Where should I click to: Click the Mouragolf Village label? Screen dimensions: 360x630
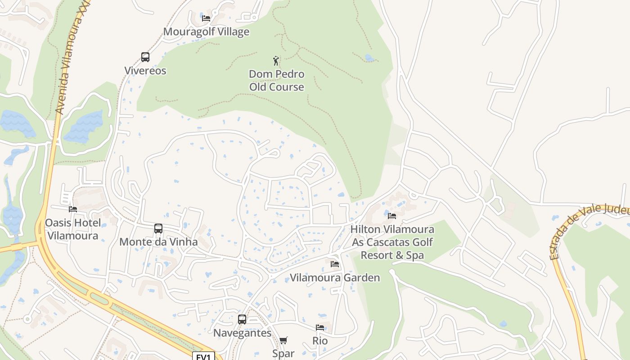tap(206, 32)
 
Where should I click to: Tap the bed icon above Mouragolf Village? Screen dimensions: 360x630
tap(206, 18)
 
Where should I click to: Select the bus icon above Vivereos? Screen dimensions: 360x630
tap(145, 57)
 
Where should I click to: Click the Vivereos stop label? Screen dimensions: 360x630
tap(145, 71)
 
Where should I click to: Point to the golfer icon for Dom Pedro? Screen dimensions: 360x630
tap(276, 61)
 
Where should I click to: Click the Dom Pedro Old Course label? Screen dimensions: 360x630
tap(276, 81)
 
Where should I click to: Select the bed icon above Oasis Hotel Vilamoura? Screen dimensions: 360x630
tap(73, 209)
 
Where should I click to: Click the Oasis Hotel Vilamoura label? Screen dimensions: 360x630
tap(73, 229)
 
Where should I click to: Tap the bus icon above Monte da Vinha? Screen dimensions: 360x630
tap(158, 229)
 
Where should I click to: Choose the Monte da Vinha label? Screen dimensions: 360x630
tap(158, 242)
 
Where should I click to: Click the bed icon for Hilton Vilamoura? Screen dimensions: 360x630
tap(392, 216)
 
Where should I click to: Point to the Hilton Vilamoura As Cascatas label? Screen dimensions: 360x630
tap(392, 242)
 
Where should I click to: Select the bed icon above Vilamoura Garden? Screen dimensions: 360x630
tap(335, 264)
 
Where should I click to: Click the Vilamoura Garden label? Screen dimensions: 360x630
tap(335, 278)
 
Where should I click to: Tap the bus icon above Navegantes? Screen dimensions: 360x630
tap(242, 319)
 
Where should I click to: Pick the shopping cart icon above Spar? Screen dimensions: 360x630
tap(283, 341)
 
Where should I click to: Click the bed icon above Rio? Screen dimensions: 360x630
tap(320, 328)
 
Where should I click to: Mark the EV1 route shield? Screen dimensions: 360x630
tap(203, 356)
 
